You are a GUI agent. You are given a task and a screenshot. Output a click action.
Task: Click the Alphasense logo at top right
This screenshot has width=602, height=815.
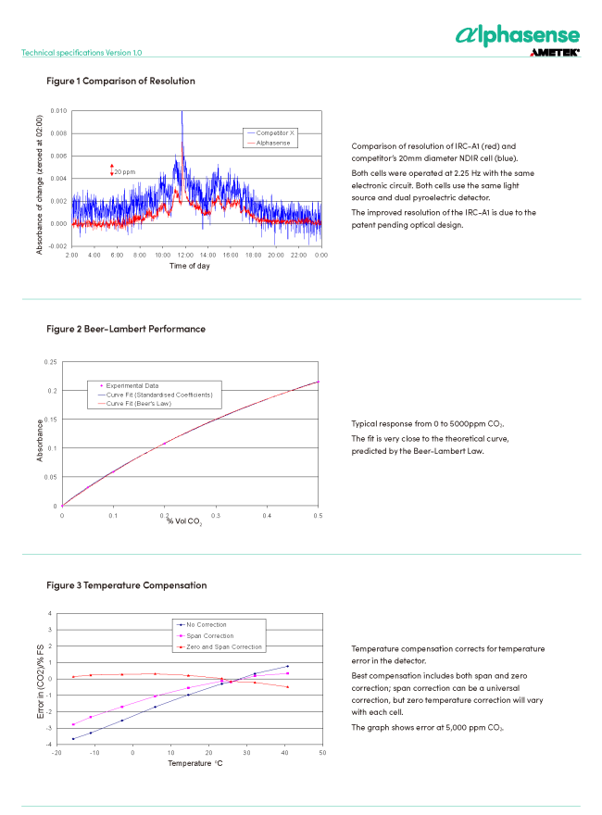pyautogui.click(x=518, y=35)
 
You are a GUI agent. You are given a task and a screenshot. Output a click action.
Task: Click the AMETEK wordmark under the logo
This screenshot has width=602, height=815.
pyautogui.click(x=555, y=54)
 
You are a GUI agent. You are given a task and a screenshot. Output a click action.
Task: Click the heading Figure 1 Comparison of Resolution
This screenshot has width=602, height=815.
pyautogui.click(x=120, y=81)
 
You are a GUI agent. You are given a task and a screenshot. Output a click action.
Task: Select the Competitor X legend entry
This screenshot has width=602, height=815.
pyautogui.click(x=275, y=133)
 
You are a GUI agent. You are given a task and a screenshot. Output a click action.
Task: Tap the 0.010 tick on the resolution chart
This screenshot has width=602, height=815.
pyautogui.click(x=57, y=111)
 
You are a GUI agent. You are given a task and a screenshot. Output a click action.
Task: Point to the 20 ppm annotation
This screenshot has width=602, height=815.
pyautogui.click(x=125, y=171)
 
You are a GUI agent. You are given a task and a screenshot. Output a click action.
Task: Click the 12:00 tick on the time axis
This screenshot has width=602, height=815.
pyautogui.click(x=185, y=254)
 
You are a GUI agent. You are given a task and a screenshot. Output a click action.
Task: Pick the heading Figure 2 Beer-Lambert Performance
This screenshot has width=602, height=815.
pyautogui.click(x=126, y=329)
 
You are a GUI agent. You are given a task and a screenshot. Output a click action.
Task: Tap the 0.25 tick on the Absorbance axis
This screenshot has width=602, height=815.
pyautogui.click(x=52, y=362)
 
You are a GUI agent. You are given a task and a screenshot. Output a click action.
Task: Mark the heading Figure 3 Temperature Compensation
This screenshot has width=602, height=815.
pyautogui.click(x=126, y=585)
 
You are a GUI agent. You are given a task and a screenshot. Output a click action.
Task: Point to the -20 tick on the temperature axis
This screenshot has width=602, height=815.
pyautogui.click(x=56, y=753)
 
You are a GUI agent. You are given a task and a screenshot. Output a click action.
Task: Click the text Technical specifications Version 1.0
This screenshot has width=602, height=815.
pyautogui.click(x=82, y=53)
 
